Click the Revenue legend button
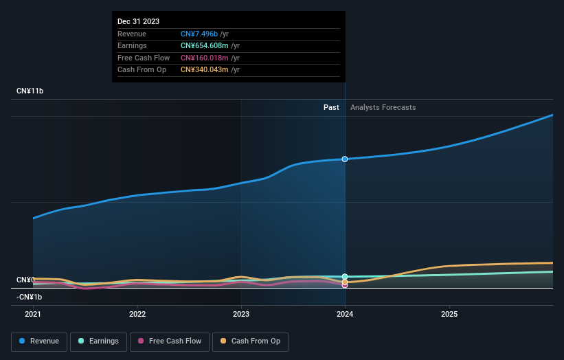coord(39,341)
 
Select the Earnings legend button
coord(98,341)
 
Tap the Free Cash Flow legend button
coord(170,341)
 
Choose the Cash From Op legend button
coord(251,341)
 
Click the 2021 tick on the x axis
coord(33,314)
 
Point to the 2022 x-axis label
coord(137,314)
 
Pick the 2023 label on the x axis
coord(241,314)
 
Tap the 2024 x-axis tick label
coord(345,314)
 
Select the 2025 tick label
coord(449,314)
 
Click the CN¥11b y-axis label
coord(30,91)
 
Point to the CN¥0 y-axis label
coord(25,280)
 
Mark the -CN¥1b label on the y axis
coord(30,297)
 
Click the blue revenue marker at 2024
coord(345,159)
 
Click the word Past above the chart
coord(331,107)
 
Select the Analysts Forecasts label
coord(383,107)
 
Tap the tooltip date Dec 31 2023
coord(138,21)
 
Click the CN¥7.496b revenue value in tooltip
coord(199,34)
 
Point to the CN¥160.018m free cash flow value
coord(204,58)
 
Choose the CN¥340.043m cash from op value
coord(204,69)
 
